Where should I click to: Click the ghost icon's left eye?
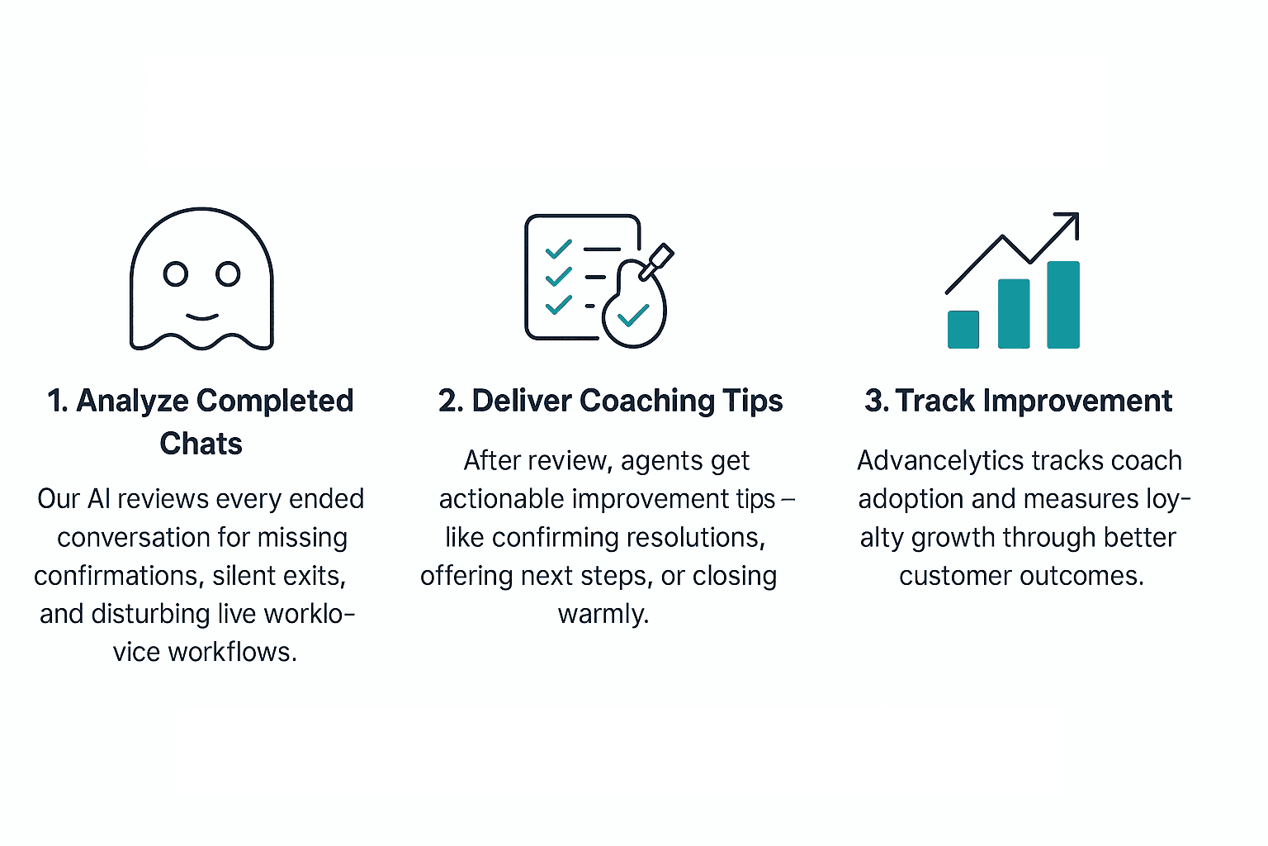pyautogui.click(x=176, y=273)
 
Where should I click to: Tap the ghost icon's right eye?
pyautogui.click(x=228, y=273)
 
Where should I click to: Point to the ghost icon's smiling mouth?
pyautogui.click(x=201, y=316)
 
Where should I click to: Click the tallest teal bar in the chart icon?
pyautogui.click(x=1063, y=304)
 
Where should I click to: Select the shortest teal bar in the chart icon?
pyautogui.click(x=963, y=329)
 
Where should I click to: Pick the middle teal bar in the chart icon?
pyautogui.click(x=1014, y=313)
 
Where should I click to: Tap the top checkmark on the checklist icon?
pyautogui.click(x=559, y=248)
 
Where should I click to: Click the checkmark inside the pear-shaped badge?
pyautogui.click(x=633, y=316)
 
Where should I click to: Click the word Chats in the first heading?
pyautogui.click(x=201, y=444)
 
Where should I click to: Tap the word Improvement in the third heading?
pyautogui.click(x=1077, y=401)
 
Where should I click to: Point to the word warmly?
pyautogui.click(x=603, y=614)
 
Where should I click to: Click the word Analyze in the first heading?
pyautogui.click(x=132, y=401)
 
